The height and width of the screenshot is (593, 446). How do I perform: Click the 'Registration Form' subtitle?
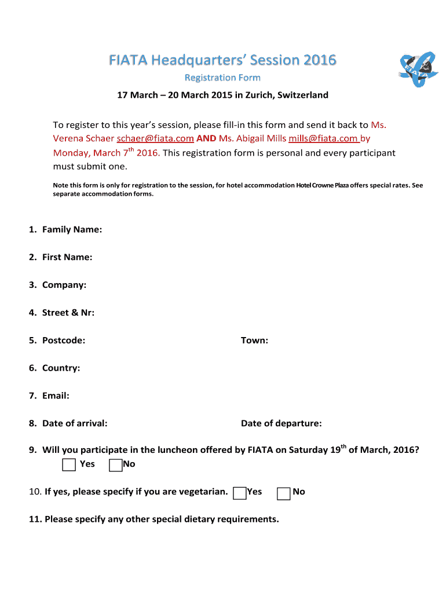tap(222, 78)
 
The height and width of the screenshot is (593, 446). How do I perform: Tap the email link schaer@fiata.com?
tap(155, 139)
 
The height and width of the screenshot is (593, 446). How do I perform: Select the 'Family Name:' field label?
tap(72, 229)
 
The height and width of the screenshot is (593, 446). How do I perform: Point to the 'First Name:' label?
tap(67, 257)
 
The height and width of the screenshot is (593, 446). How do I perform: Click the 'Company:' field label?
tap(64, 285)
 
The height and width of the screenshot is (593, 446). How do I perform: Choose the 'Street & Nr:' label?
tap(68, 313)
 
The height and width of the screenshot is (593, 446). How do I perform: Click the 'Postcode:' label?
tap(63, 341)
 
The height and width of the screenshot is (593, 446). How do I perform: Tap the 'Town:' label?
tap(254, 341)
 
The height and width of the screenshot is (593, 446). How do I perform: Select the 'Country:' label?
tap(61, 368)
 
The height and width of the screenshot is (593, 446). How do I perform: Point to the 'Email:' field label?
tap(56, 396)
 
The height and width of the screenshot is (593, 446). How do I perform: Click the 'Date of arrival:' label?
tap(74, 423)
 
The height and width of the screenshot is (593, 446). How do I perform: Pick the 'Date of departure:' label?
tap(281, 423)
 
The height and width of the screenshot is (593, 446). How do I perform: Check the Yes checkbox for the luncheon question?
tap(69, 464)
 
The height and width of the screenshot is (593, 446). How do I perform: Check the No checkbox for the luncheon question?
tap(115, 464)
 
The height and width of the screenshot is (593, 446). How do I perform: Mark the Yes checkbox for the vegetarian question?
tap(239, 493)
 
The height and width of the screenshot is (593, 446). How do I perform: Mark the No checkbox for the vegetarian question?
tap(284, 493)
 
